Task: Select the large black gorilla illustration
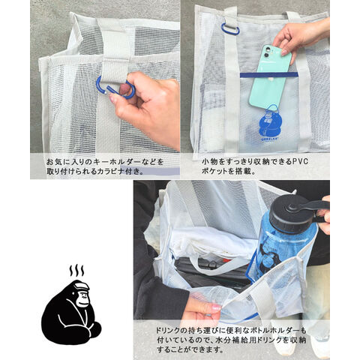click(x=71, y=313)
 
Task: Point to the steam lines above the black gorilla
click(x=76, y=270)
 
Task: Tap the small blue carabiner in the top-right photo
click(x=230, y=28)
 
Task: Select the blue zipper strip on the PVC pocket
click(x=269, y=74)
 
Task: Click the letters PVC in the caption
click(x=300, y=161)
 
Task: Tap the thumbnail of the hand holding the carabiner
click(x=112, y=99)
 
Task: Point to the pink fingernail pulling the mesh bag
click(x=217, y=307)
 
